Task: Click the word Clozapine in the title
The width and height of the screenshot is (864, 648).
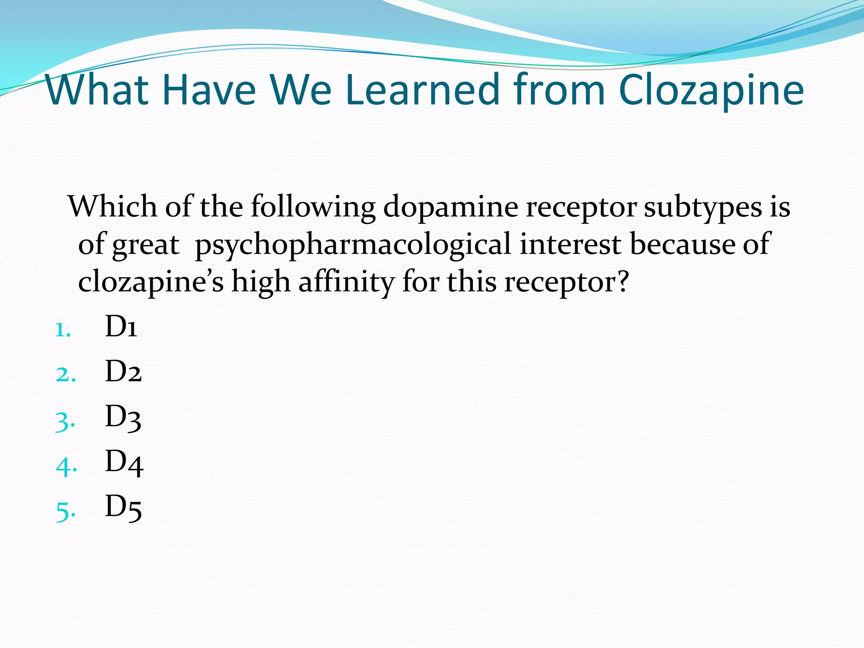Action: pos(711,90)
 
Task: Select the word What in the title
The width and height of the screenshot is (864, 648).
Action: pos(97,89)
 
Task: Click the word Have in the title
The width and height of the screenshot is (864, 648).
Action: pos(209,89)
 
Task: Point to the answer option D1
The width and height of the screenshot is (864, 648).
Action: pos(121,327)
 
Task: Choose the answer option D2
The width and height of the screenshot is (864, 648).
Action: pos(123,372)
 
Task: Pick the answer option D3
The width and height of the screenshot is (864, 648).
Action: pos(123,417)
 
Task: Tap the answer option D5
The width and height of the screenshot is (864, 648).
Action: pos(123,507)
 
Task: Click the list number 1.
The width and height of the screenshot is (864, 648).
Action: pos(63,330)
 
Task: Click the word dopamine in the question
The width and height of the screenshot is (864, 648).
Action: pos(451,207)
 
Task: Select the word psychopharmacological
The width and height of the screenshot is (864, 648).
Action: pos(353,245)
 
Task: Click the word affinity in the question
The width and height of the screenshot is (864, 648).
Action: pos(346,281)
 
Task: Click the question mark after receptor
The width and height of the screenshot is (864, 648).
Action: pos(622,281)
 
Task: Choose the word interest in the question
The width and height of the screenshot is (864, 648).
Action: pos(570,244)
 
